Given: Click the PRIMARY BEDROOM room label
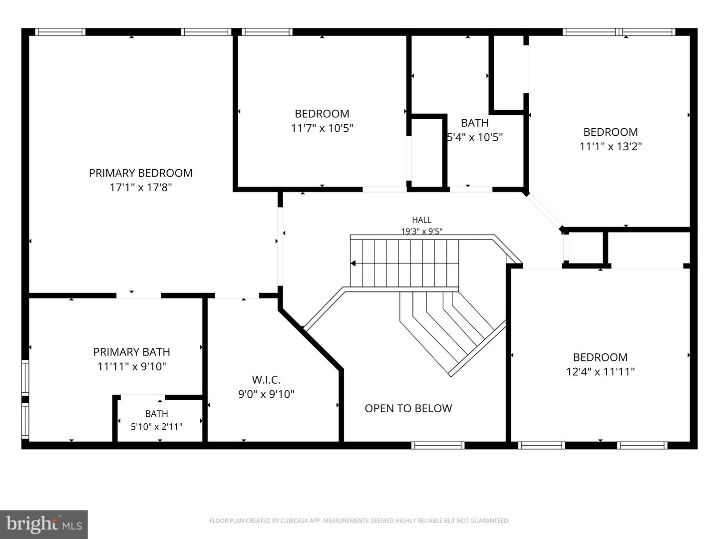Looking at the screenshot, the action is click(140, 173).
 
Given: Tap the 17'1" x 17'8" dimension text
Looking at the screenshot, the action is click(140, 188).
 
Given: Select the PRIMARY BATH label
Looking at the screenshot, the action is click(132, 352).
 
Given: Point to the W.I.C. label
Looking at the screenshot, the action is click(266, 380).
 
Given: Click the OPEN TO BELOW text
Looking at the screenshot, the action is click(408, 408).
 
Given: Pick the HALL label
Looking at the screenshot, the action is click(421, 220).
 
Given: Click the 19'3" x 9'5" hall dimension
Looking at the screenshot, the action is click(421, 231).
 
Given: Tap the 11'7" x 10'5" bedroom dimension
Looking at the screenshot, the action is click(322, 128).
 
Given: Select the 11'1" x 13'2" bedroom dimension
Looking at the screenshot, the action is click(611, 146).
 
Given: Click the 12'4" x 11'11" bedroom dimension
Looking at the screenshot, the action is click(601, 372).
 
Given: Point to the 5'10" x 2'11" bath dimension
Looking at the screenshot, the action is click(157, 427).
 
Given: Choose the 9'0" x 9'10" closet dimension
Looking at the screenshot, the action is click(266, 394).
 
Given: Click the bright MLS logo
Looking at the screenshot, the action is click(44, 525).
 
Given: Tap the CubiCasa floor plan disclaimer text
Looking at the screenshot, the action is click(359, 521).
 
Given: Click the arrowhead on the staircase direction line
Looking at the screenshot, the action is click(353, 263).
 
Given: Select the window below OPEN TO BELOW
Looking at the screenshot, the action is click(438, 445).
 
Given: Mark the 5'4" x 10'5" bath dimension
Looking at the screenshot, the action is click(475, 137).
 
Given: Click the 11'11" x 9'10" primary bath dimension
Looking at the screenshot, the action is click(132, 366).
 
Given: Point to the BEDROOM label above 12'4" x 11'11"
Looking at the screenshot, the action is click(601, 357).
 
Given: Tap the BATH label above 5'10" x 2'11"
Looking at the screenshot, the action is click(157, 414).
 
